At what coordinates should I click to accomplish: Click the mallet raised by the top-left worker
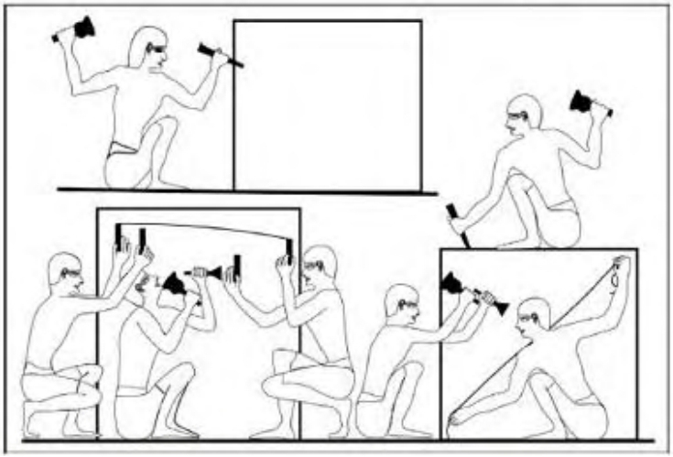85,27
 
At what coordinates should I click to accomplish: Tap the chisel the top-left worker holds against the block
221,56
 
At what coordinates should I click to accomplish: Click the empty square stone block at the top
327,103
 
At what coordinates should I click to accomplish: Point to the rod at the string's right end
288,249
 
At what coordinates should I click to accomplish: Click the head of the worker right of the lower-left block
320,266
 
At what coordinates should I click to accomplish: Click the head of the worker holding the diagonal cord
532,316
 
